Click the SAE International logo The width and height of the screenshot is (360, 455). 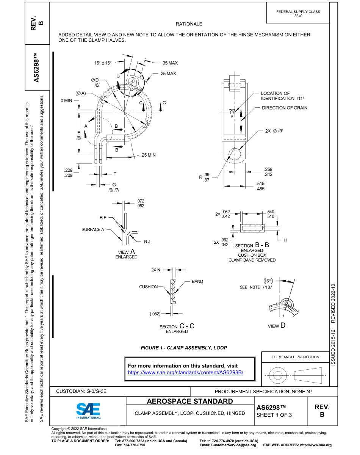88,411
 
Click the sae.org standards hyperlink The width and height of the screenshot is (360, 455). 185,372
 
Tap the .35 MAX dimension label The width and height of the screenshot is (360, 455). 169,63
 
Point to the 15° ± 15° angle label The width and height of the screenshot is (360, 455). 103,63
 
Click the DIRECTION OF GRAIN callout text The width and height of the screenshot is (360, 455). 284,108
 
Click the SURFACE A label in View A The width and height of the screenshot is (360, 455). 93,229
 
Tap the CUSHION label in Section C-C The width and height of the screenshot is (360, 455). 148,287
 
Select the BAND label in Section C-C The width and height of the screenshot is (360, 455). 197,281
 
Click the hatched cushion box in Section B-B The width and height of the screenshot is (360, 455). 252,229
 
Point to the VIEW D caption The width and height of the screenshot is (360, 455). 277,326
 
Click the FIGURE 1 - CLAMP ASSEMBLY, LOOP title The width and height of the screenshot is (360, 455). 184,347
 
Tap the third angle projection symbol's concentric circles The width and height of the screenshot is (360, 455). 278,375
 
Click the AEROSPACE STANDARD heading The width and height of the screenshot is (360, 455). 189,401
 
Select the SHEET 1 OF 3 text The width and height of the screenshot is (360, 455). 274,415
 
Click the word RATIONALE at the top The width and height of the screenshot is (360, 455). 189,24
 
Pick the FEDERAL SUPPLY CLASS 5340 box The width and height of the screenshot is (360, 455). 298,14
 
